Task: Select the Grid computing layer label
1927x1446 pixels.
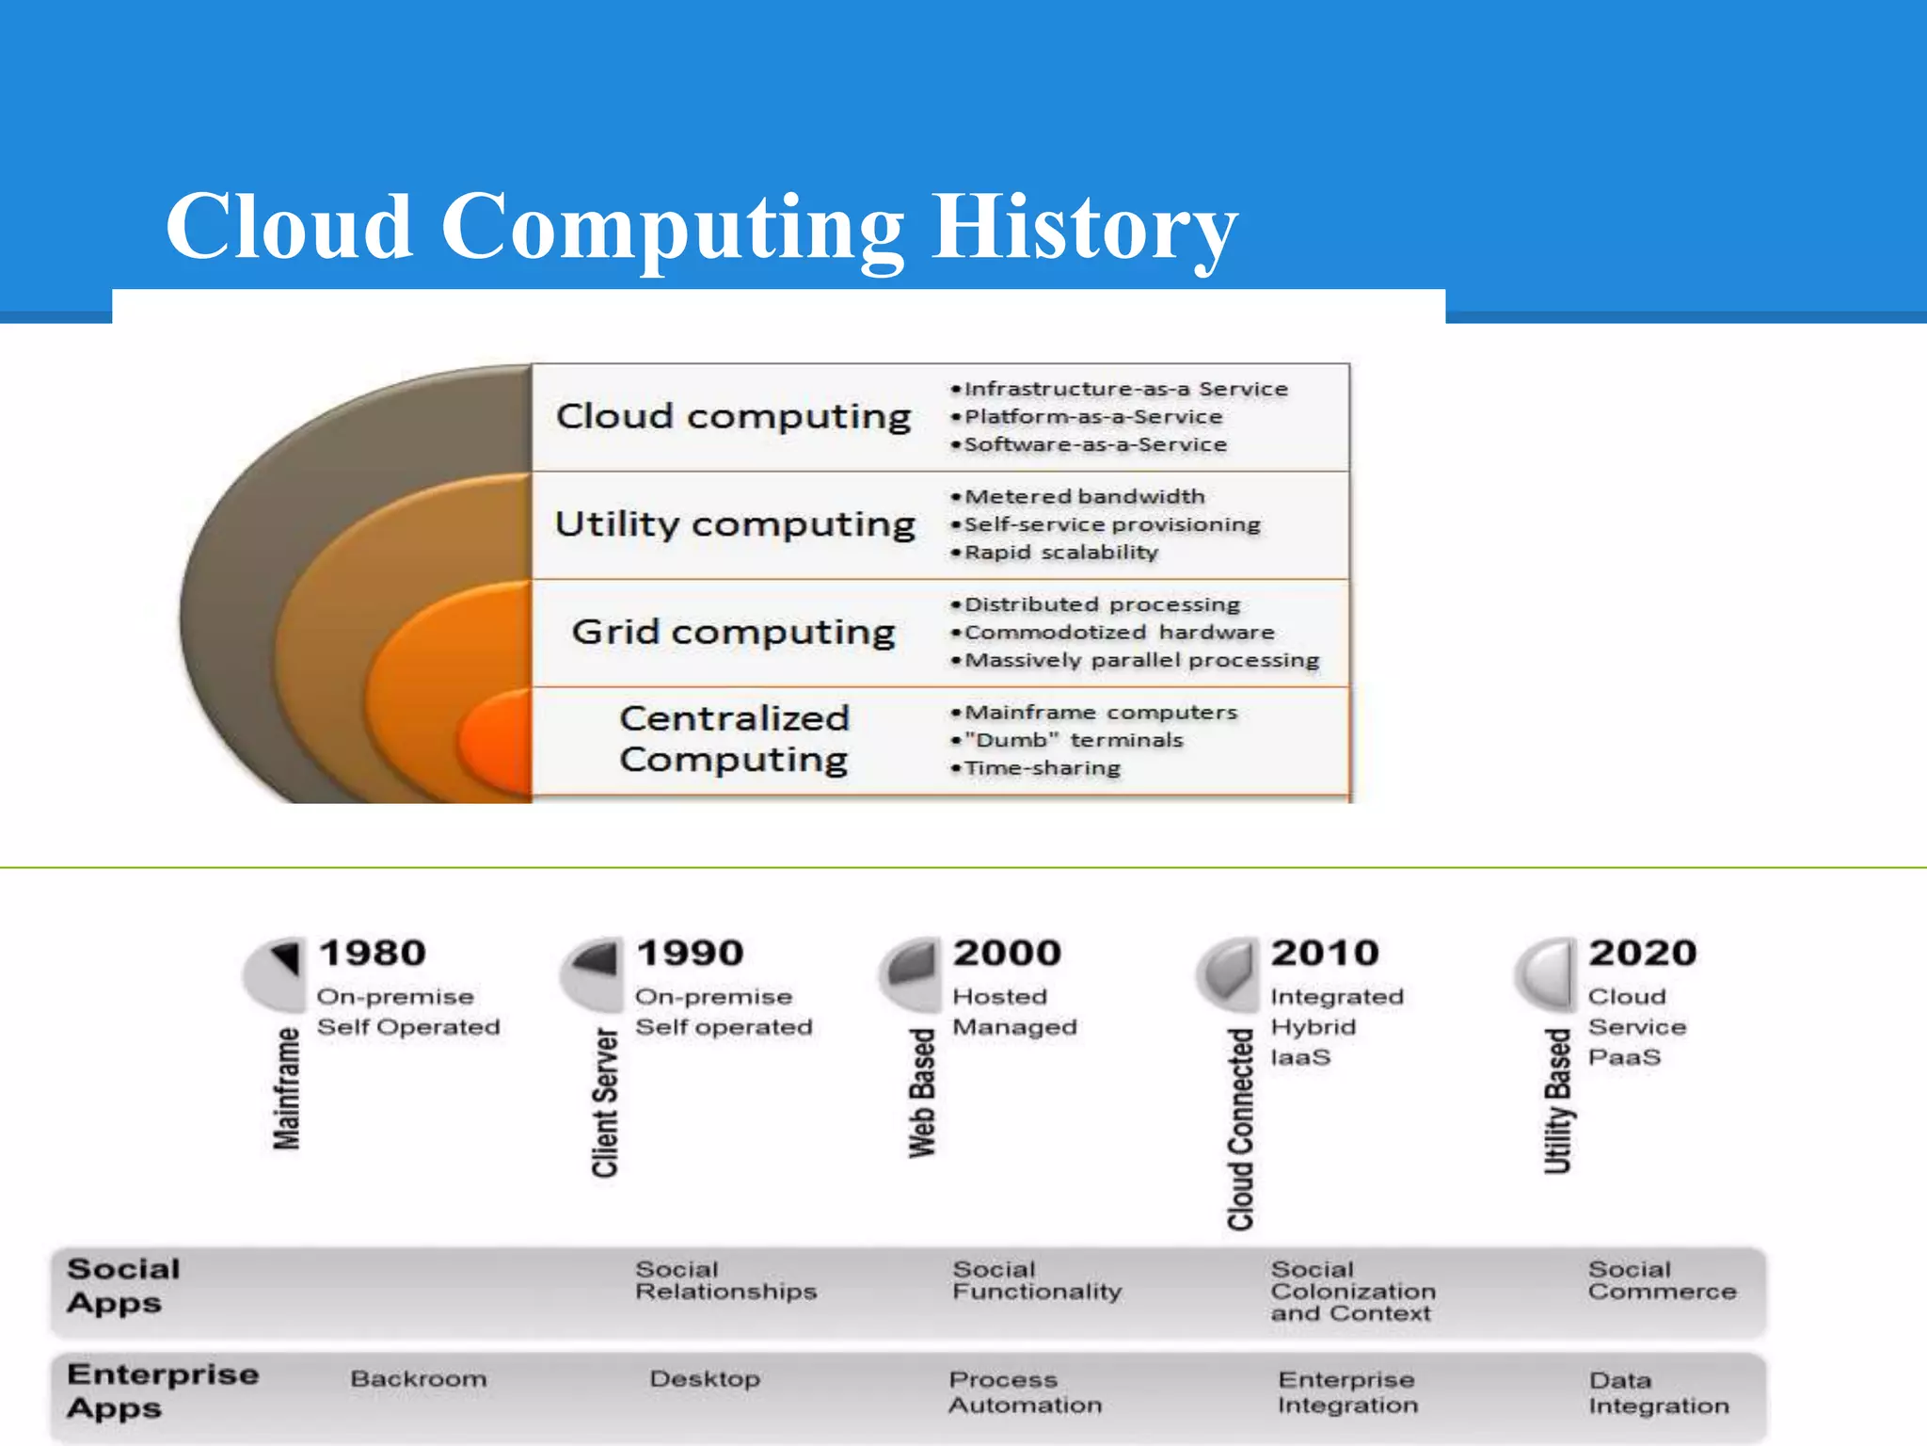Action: click(733, 632)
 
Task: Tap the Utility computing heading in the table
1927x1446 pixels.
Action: click(734, 524)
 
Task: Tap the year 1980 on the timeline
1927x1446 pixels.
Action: click(373, 953)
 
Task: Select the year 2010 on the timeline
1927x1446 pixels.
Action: click(1325, 953)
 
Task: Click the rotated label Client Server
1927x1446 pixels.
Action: click(605, 1101)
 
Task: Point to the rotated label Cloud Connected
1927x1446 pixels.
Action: click(1241, 1129)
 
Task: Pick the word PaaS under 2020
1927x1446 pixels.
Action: click(1624, 1057)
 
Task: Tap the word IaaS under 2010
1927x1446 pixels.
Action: click(1300, 1057)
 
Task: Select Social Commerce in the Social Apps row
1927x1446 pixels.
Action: click(1662, 1281)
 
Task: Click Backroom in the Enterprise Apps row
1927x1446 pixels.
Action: click(419, 1379)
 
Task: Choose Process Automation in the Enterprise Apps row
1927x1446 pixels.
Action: click(1025, 1392)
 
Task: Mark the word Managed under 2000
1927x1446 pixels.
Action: click(1014, 1027)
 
